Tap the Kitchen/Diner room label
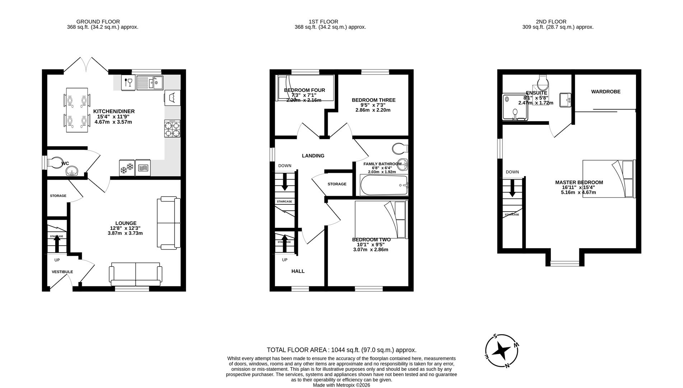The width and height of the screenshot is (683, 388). (114, 111)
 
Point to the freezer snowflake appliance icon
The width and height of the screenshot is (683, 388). (126, 168)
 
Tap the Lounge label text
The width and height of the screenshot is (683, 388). (126, 223)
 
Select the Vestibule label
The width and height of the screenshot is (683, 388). (62, 272)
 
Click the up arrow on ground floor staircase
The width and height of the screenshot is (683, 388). (57, 244)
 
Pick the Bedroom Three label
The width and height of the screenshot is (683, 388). (373, 100)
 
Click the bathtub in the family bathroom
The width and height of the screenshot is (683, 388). (384, 185)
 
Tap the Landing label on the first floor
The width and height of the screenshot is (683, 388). (313, 156)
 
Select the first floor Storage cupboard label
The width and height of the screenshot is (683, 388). (337, 184)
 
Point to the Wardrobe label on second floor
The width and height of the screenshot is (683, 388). (605, 92)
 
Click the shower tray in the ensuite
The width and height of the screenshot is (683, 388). (515, 107)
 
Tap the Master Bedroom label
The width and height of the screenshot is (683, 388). (579, 183)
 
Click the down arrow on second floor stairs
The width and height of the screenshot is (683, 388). (512, 188)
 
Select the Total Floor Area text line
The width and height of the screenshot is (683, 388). (341, 350)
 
